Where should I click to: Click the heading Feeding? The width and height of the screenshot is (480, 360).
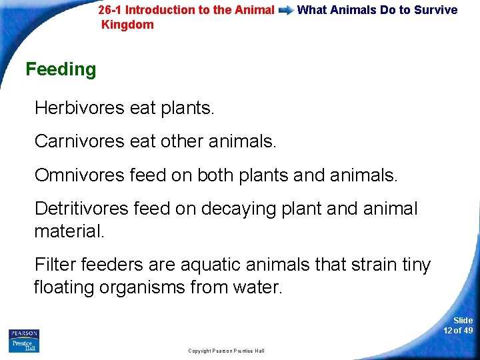(x=61, y=69)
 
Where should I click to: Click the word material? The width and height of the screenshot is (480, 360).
(x=67, y=231)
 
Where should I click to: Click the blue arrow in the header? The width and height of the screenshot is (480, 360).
(x=285, y=11)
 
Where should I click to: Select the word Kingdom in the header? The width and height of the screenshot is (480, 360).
(x=127, y=25)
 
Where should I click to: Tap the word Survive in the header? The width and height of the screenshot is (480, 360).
(x=435, y=10)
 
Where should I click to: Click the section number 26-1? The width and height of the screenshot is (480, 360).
(x=109, y=10)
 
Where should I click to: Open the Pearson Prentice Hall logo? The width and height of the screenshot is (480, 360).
(x=24, y=341)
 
